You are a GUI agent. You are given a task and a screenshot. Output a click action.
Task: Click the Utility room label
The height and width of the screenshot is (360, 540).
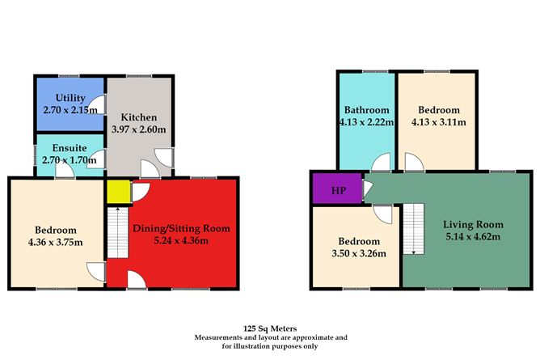70,98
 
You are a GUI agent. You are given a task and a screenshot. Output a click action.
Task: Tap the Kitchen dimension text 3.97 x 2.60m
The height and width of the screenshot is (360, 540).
139,129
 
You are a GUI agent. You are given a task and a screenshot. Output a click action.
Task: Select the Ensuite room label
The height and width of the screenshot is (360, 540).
70,148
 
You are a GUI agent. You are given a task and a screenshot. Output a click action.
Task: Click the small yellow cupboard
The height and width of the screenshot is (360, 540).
119,192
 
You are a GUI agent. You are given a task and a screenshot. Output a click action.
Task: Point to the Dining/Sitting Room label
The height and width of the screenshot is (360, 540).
182,228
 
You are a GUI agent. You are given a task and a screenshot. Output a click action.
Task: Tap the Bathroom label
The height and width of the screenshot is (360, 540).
367,110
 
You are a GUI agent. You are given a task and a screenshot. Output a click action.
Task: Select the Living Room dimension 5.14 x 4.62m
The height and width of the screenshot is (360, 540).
473,237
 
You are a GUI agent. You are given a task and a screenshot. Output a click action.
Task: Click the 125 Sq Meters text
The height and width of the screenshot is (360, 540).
270,328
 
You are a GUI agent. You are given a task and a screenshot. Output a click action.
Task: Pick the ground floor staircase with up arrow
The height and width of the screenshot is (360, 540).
118,232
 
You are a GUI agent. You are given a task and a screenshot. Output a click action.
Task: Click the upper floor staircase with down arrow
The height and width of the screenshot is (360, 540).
414,229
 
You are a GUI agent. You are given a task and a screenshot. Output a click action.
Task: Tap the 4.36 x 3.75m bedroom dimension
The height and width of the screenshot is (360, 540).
56,242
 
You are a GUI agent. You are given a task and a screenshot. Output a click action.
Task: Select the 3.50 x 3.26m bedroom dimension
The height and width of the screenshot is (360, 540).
359,253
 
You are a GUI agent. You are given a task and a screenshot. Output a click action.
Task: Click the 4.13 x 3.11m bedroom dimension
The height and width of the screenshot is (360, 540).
439,122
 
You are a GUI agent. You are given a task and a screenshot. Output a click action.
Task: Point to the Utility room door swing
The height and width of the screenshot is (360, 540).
96,105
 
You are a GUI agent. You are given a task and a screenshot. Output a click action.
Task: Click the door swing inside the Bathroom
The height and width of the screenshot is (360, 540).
381,162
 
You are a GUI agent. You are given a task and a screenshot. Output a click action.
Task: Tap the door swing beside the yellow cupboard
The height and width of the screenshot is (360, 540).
141,192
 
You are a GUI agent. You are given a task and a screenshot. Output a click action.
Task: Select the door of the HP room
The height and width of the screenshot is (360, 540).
367,190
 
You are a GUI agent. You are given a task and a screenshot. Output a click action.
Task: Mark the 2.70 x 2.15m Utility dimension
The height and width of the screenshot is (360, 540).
70,110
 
